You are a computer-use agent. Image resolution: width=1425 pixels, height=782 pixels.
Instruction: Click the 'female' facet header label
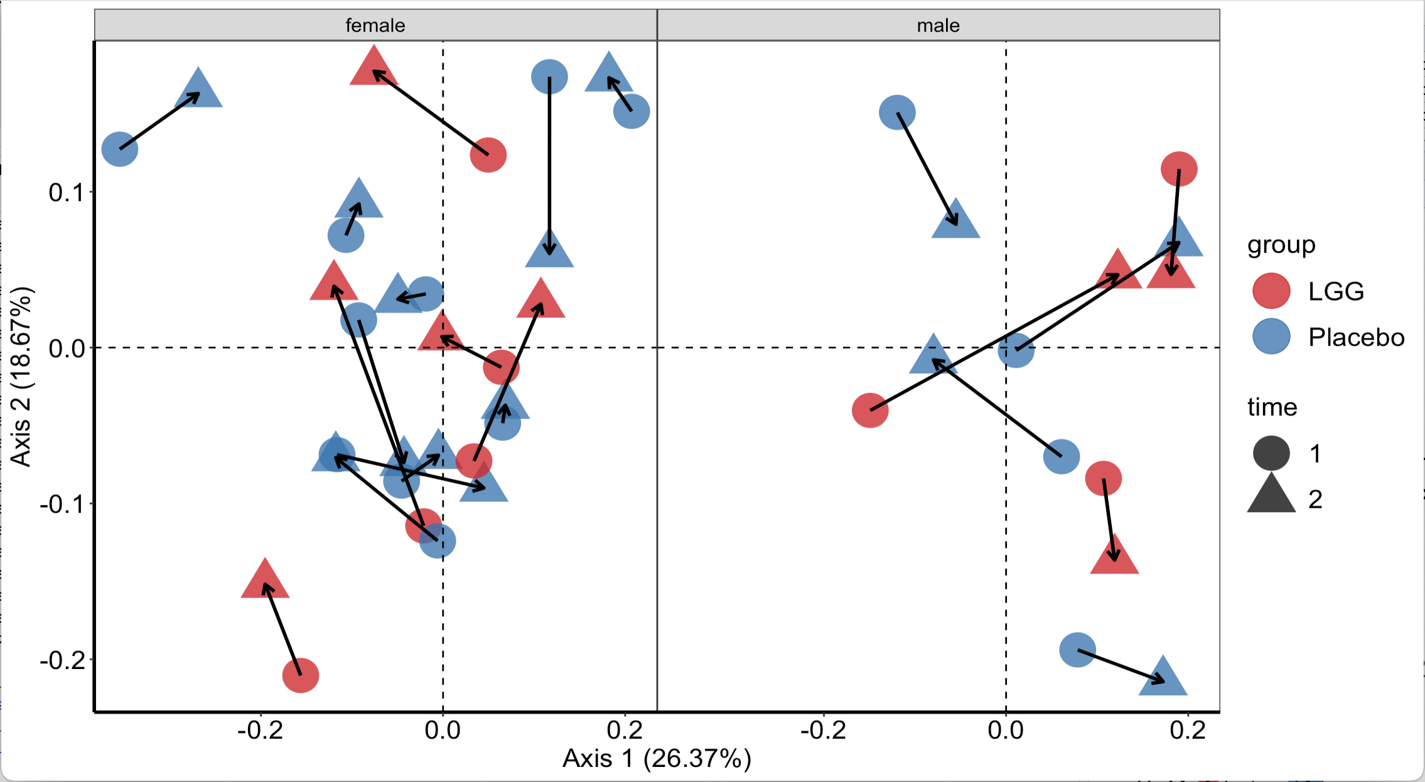pos(375,25)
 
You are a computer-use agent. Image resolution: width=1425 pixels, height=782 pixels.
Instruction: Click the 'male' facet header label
pos(938,25)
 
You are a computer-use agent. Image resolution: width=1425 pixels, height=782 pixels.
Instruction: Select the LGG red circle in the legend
pos(1271,291)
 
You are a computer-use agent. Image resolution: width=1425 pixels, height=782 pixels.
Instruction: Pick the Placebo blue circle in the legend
pos(1271,336)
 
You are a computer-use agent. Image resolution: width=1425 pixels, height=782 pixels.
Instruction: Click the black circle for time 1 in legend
pos(1271,453)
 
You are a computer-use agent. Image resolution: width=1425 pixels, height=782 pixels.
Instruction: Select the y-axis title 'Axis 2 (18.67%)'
pos(21,377)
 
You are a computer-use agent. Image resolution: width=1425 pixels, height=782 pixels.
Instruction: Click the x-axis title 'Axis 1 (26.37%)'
pos(657,758)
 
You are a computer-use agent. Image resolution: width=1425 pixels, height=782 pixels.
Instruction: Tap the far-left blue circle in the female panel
pos(120,149)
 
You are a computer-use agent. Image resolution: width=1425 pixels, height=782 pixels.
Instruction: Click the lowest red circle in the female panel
pos(301,675)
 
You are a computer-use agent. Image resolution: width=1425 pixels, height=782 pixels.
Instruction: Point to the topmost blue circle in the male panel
pos(897,113)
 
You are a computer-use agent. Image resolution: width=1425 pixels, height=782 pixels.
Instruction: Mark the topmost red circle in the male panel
pos(1179,169)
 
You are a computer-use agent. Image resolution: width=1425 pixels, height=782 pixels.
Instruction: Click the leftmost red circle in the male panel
pos(870,410)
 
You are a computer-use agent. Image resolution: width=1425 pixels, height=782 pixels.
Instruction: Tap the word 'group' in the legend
pos(1281,245)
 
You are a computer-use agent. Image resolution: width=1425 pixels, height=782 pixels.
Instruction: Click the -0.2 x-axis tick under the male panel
pos(823,730)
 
